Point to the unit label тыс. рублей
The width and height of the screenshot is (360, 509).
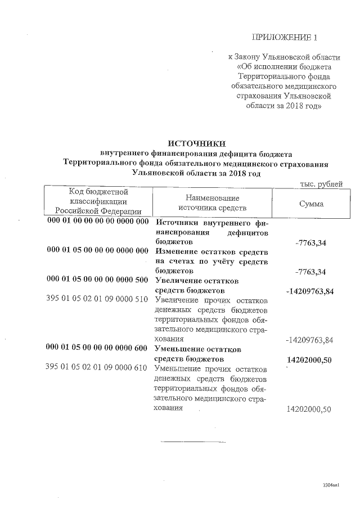322,184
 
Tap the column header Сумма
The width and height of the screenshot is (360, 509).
311,203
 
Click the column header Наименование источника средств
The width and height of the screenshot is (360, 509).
212,203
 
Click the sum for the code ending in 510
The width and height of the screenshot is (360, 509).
310,340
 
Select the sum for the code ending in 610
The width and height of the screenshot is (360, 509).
309,409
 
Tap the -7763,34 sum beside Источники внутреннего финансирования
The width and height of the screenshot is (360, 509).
310,243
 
